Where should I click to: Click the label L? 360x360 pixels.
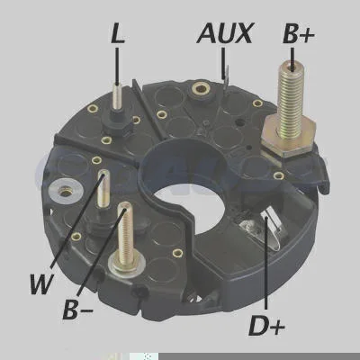pyautogui.click(x=118, y=33)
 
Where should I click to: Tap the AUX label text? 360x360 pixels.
pyautogui.click(x=225, y=32)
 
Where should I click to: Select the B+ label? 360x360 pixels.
pyautogui.click(x=299, y=34)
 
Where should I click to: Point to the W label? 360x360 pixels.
pyautogui.click(x=42, y=283)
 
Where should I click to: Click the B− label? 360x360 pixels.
pyautogui.click(x=77, y=309)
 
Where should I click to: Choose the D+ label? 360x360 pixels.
pyautogui.click(x=266, y=326)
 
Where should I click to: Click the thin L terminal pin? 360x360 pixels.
pyautogui.click(x=116, y=96)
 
